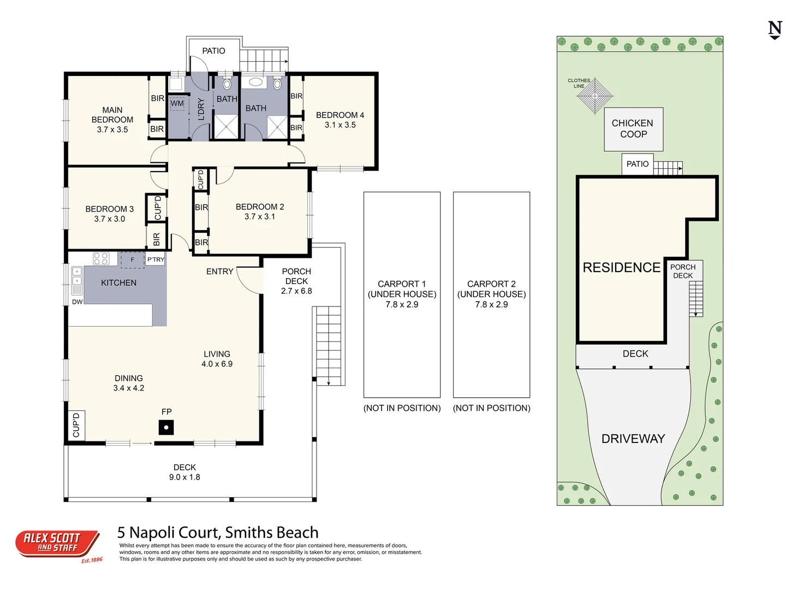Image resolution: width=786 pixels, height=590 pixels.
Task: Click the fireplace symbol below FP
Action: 166,428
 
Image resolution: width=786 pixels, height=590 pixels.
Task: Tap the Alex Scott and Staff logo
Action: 57,544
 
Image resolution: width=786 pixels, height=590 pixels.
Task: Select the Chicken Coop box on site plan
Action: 633,129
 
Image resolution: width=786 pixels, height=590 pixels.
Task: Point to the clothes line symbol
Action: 595,96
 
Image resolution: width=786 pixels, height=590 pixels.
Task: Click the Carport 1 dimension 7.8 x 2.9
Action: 402,304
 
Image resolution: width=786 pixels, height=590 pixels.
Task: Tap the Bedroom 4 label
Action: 340,115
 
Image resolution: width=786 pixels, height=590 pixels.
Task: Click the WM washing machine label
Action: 177,103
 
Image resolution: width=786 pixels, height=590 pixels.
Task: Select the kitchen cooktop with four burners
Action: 101,258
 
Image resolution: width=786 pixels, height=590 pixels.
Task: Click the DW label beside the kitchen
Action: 77,302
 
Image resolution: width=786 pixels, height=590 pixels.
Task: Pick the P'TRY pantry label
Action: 156,259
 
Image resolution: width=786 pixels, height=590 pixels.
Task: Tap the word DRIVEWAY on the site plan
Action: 633,439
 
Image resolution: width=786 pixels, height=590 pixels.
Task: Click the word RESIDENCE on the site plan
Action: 621,268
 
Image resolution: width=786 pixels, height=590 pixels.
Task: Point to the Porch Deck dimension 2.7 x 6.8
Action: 296,291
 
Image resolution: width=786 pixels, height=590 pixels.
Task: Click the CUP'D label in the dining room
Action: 76,425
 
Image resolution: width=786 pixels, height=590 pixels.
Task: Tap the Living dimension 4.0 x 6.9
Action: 217,364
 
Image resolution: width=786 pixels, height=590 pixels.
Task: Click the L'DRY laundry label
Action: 201,109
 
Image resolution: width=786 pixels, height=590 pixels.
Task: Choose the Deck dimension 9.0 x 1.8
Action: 184,477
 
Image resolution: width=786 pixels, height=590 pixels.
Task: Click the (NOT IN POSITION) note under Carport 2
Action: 491,408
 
